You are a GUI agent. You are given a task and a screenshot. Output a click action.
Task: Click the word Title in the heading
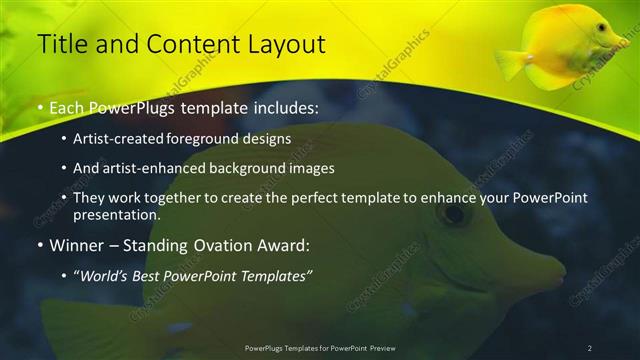pos(62,44)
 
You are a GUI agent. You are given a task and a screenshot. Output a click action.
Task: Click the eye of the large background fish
pos(454,213)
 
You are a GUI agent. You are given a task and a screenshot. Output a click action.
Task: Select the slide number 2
pos(590,347)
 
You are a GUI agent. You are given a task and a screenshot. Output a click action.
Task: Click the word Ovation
pos(221,246)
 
